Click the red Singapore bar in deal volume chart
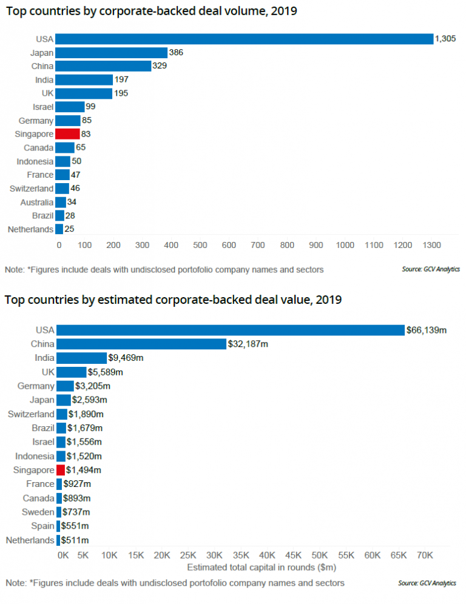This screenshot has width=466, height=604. pyautogui.click(x=67, y=134)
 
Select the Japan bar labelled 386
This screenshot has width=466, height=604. pyautogui.click(x=111, y=53)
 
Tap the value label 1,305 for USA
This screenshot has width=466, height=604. pyautogui.click(x=445, y=39)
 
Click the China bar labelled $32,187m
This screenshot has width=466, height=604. pyautogui.click(x=141, y=344)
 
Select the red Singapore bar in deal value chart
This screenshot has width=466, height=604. pyautogui.click(x=61, y=470)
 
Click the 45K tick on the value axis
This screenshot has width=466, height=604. pyautogui.click(x=294, y=555)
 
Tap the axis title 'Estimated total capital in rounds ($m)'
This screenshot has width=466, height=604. pyautogui.click(x=262, y=568)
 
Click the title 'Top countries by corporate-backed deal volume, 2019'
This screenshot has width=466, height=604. pyautogui.click(x=152, y=11)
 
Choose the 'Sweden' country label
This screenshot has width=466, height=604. pyautogui.click(x=38, y=512)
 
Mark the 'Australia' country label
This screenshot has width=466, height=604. pyautogui.click(x=37, y=202)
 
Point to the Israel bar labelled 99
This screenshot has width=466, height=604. pyautogui.click(x=70, y=107)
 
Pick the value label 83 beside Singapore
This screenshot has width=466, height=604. pyautogui.click(x=86, y=134)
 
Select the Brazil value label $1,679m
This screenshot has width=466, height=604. pyautogui.click(x=85, y=428)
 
